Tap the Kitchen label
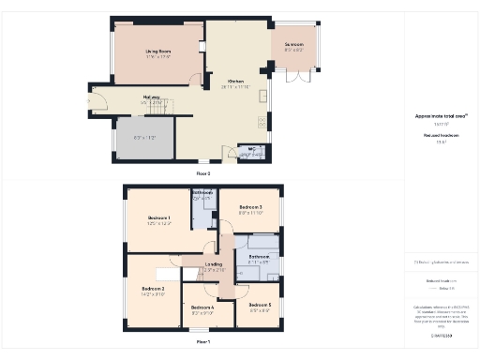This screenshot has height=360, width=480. coord(234,82)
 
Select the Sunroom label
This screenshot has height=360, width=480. coord(293,44)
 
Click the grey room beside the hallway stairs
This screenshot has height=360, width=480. coord(144,138)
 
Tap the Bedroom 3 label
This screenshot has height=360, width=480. coord(249,207)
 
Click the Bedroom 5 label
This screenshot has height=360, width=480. coord(261,305)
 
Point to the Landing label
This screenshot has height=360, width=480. coord(214,265)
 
